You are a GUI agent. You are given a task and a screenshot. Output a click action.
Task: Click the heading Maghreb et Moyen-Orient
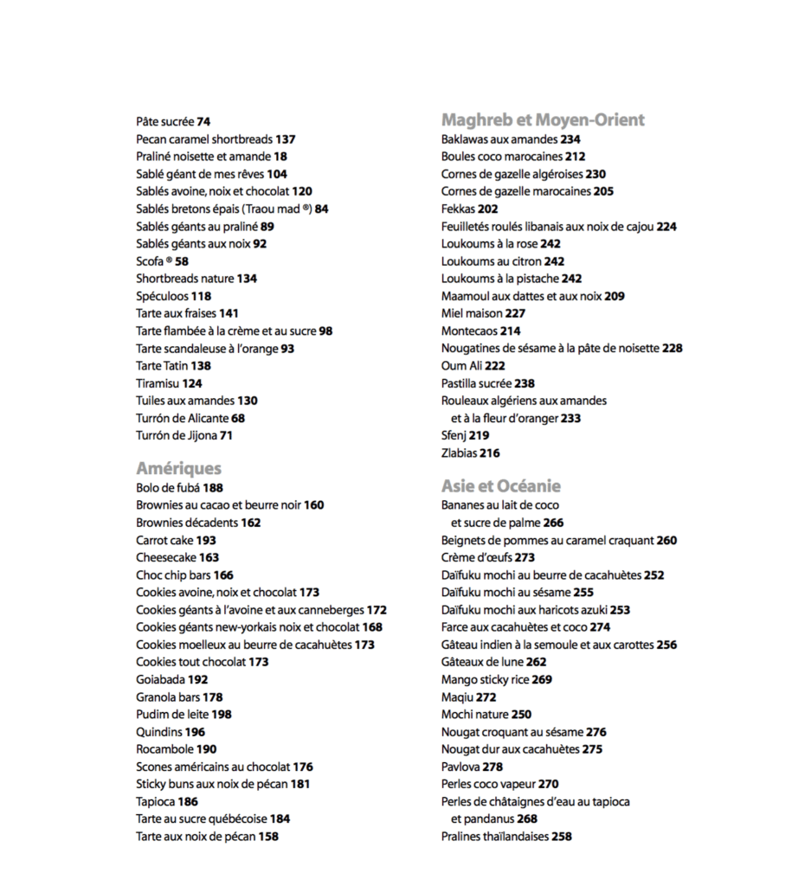(x=543, y=120)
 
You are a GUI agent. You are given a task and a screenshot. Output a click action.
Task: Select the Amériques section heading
(x=178, y=469)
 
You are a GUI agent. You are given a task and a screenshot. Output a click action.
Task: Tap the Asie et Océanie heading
(x=500, y=486)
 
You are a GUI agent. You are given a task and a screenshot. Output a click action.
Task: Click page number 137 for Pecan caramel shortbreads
(x=286, y=139)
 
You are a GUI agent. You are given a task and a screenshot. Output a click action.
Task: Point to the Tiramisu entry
(x=169, y=383)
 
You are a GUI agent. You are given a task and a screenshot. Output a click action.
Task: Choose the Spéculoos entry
(x=173, y=296)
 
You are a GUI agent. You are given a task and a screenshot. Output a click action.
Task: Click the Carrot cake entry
(x=176, y=540)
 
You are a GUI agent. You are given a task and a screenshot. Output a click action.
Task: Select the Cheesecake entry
(x=177, y=558)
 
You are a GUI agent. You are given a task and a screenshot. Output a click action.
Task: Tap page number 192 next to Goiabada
(x=198, y=680)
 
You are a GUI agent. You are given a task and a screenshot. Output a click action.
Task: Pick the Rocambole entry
(x=176, y=749)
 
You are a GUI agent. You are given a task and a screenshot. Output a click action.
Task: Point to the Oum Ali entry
(x=473, y=366)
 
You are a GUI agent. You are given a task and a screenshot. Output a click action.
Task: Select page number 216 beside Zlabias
(x=490, y=453)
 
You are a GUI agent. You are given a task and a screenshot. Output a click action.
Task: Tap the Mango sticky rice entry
(x=496, y=680)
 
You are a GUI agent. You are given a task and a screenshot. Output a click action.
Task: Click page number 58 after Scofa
(x=182, y=261)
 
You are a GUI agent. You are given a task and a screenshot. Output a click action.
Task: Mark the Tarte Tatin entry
(x=173, y=366)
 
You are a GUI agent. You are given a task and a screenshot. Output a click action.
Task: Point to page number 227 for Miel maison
(x=515, y=314)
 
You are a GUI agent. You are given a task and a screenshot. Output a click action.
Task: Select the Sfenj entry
(x=465, y=436)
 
